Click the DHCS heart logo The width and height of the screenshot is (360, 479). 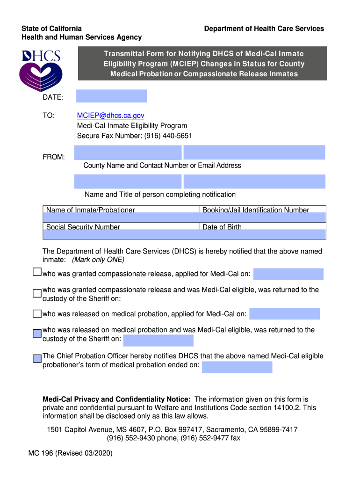pos(41,70)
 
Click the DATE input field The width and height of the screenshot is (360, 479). pos(111,96)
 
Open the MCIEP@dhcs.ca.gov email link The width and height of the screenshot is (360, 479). pos(111,115)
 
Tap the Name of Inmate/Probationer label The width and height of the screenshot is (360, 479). pos(90,210)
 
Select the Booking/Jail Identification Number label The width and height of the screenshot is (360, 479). pos(255,210)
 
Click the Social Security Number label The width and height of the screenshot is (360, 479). pos(83,227)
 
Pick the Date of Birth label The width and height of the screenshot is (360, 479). pos(222,227)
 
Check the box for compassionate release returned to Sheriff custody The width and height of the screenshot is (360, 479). pos(37,293)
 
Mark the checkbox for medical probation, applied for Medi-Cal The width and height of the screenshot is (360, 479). pos(37,313)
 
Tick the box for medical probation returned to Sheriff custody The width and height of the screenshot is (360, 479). pos(37,334)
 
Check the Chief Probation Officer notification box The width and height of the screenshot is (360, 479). pos(37,359)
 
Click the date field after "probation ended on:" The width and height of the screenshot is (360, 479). pos(237,367)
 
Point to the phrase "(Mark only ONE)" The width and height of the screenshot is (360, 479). pos(98,260)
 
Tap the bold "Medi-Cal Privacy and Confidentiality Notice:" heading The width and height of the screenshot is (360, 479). pos(116,399)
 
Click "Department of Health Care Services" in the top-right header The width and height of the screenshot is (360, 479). pos(264,29)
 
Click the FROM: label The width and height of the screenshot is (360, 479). pos(54,157)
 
